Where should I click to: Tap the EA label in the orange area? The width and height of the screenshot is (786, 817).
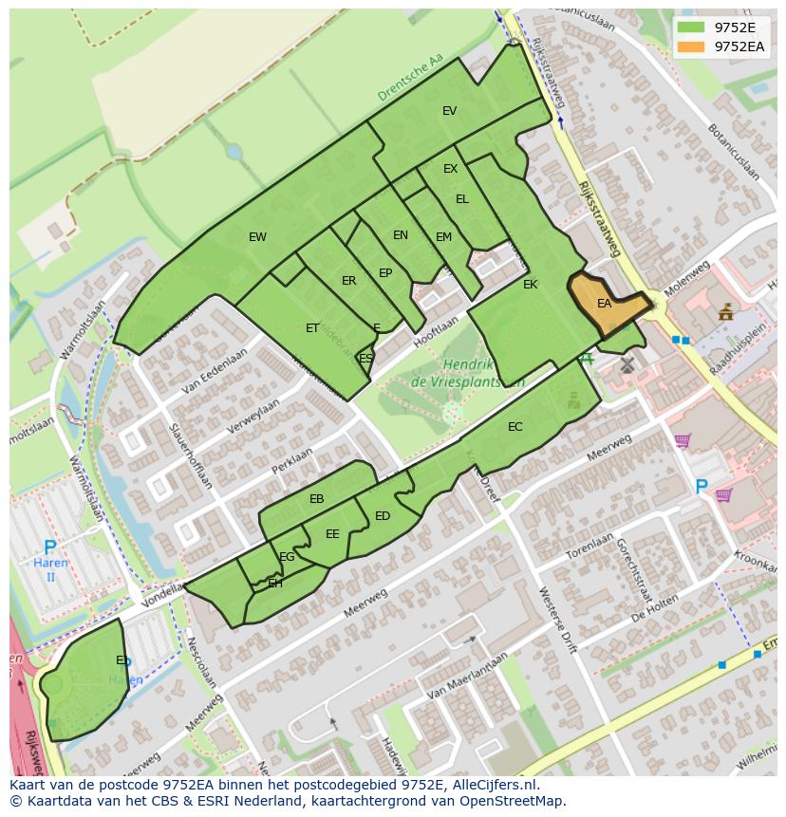[604, 304]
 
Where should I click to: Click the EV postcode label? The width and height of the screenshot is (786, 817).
[449, 111]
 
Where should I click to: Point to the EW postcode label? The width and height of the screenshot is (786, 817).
[257, 237]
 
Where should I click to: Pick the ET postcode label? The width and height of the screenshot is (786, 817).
[312, 328]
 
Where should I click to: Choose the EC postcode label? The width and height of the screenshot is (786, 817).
[515, 427]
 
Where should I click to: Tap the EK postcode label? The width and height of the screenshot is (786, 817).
[530, 285]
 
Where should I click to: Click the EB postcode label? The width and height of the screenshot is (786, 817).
[316, 499]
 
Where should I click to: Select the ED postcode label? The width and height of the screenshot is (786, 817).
[383, 516]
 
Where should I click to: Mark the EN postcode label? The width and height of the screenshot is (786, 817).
[400, 235]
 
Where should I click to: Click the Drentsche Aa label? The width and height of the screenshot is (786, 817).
[410, 78]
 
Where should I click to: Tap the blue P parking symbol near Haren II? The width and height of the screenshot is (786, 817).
[50, 548]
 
